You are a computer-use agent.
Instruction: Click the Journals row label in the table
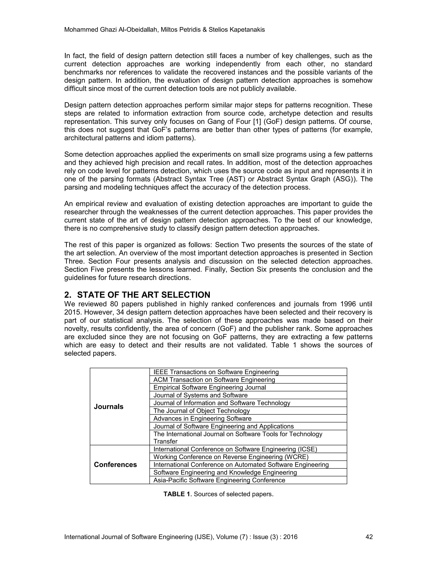[x=108, y=407]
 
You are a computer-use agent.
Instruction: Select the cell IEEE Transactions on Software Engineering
[x=216, y=372]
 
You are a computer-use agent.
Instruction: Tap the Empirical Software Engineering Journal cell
[x=210, y=387]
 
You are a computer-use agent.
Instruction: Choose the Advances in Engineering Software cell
[x=202, y=419]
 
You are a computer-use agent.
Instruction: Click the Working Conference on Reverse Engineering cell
[x=231, y=457]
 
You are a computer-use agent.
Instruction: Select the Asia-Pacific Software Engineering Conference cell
[x=219, y=480]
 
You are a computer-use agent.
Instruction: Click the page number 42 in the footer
[x=369, y=537]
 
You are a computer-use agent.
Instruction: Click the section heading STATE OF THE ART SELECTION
[x=143, y=295]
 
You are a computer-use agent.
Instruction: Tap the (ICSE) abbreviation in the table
[x=307, y=449]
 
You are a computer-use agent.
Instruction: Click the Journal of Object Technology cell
[x=201, y=411]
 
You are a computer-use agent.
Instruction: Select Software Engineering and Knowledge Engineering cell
[x=225, y=472]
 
